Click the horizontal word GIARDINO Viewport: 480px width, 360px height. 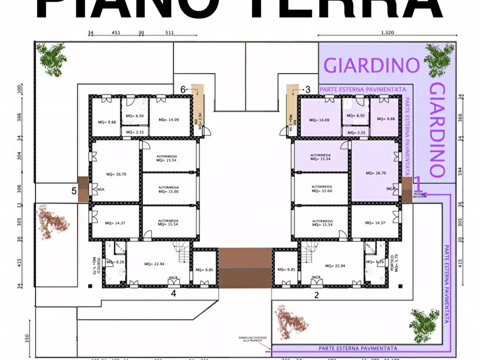[x=372, y=65]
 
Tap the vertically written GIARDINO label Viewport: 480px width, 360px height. [x=438, y=130]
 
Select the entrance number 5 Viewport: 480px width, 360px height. [x=74, y=191]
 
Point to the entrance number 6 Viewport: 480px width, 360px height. [x=183, y=90]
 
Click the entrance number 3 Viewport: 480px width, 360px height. [x=307, y=90]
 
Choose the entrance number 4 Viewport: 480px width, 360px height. [x=173, y=294]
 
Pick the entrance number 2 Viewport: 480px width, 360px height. [x=317, y=294]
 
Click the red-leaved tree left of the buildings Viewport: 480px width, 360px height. [x=52, y=220]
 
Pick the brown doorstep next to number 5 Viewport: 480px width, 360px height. [x=83, y=190]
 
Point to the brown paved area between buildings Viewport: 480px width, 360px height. [x=245, y=268]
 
